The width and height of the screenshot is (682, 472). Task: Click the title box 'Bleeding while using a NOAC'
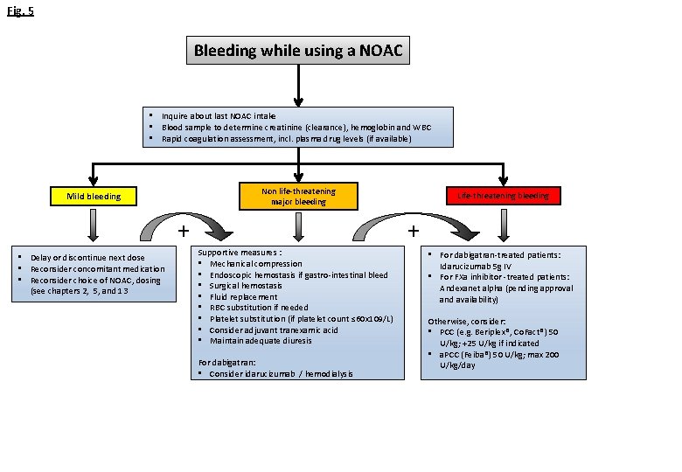click(x=298, y=51)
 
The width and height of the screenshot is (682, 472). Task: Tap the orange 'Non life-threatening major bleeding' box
click(x=298, y=196)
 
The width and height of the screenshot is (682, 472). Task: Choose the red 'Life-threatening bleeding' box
click(x=503, y=196)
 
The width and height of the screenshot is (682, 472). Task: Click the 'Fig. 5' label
click(x=20, y=11)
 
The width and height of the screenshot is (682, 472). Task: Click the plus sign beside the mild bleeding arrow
click(x=184, y=232)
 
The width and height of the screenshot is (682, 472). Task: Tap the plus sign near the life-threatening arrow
click(x=414, y=232)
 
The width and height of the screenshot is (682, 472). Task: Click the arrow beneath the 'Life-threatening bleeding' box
click(x=503, y=226)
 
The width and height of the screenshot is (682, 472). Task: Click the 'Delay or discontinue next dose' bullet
click(x=87, y=258)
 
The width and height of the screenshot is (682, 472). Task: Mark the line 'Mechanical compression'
click(x=255, y=264)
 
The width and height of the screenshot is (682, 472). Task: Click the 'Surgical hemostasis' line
click(x=250, y=286)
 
